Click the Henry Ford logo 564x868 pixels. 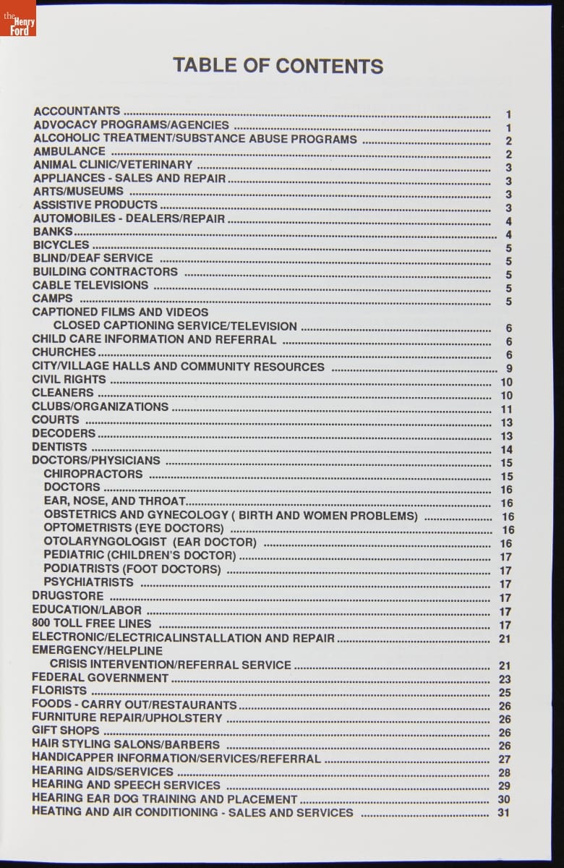tap(18, 18)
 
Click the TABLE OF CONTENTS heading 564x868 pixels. tap(278, 66)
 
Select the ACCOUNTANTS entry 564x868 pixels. tap(77, 111)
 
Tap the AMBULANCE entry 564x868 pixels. tap(69, 151)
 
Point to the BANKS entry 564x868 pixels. tap(53, 231)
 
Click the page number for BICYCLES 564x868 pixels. tap(509, 248)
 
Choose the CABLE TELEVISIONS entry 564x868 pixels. tap(90, 285)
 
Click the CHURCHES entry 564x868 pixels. tap(64, 352)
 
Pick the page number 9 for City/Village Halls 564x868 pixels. tap(509, 368)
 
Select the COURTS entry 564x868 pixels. tap(56, 420)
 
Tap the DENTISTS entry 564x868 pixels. tap(59, 447)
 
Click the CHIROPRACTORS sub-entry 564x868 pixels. tap(93, 474)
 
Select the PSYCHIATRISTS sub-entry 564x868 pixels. tap(88, 582)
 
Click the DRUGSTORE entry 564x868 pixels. tap(67, 596)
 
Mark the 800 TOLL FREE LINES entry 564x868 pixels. tap(92, 623)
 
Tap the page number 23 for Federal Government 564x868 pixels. tap(505, 679)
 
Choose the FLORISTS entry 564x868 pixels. tap(59, 691)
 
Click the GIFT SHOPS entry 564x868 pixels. tap(66, 731)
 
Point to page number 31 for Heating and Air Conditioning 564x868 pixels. tap(504, 813)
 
